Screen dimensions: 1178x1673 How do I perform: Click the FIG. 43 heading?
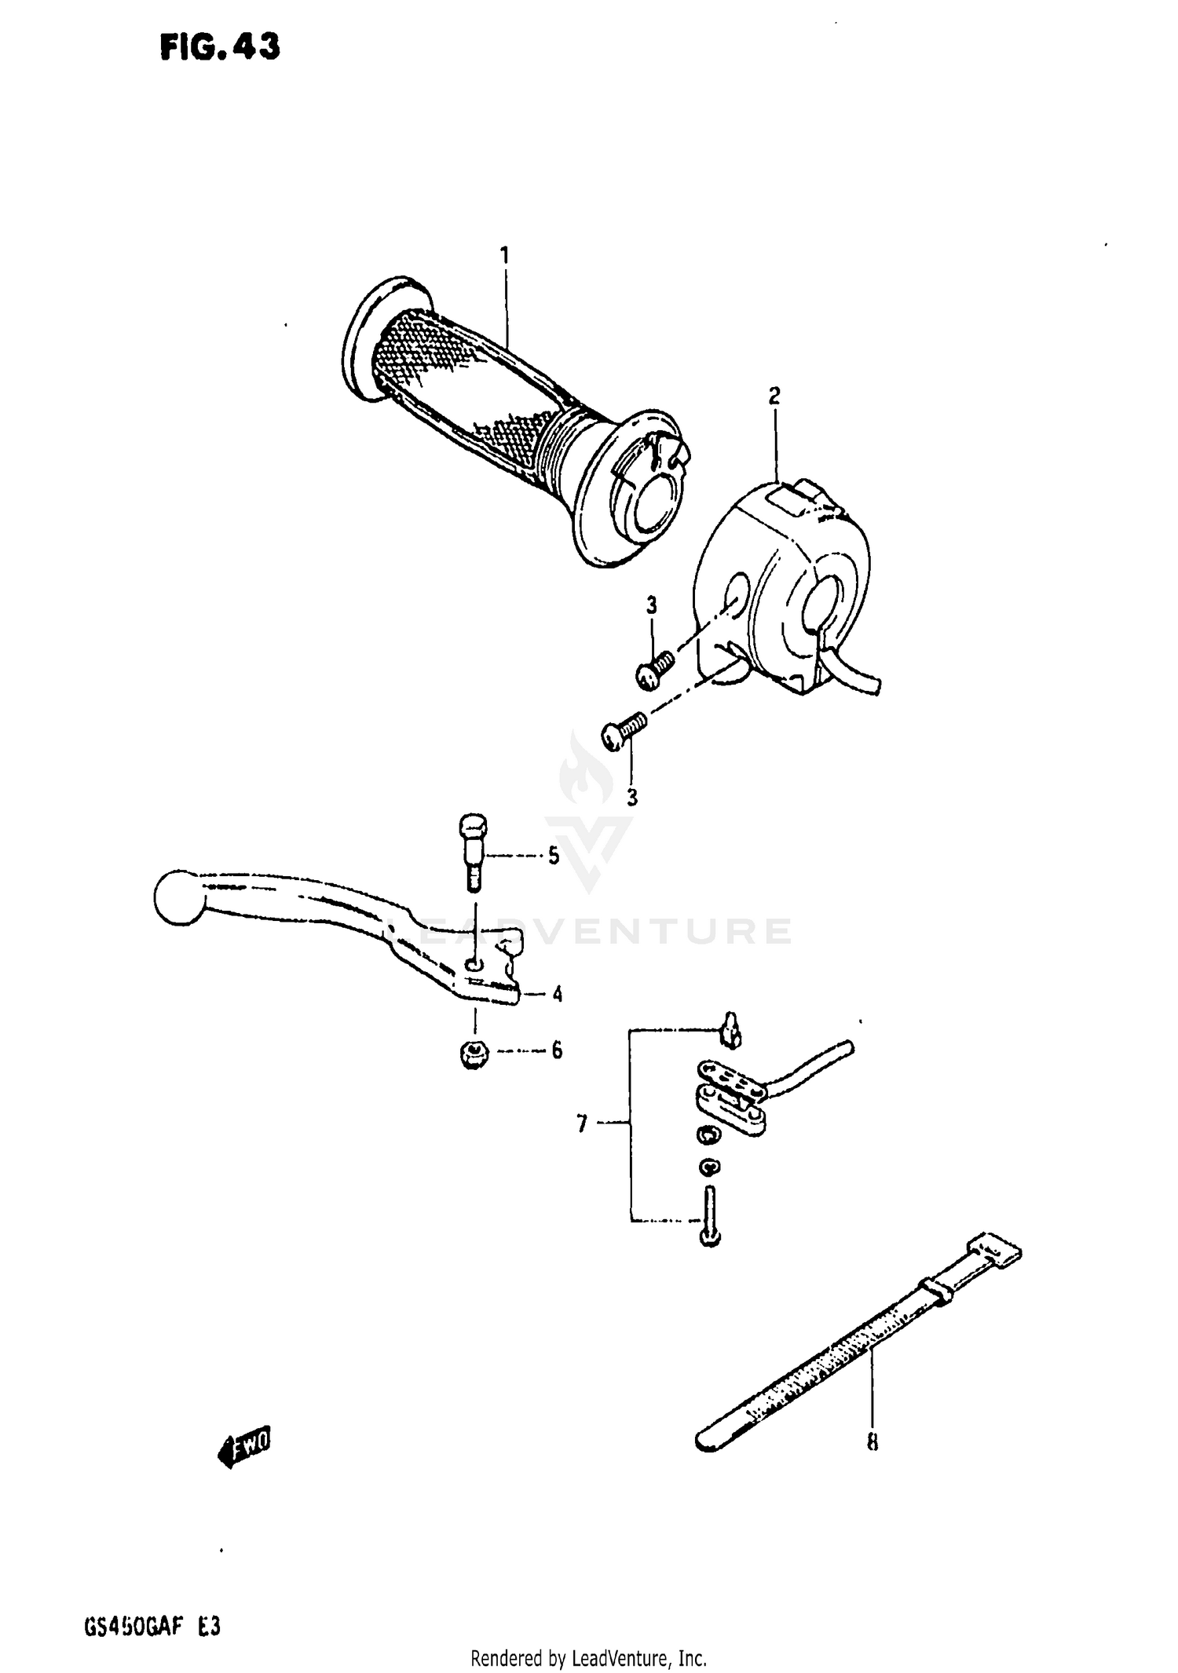(219, 49)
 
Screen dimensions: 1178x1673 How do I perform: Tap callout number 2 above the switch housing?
(774, 396)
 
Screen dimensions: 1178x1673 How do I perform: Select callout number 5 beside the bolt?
(554, 856)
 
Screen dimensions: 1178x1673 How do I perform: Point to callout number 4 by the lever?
(557, 995)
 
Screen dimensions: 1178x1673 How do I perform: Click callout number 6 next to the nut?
(557, 1050)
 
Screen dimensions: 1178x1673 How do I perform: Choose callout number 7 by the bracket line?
(582, 1125)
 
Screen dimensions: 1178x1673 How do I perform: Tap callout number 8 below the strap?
(873, 1442)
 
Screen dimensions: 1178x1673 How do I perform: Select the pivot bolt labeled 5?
(472, 852)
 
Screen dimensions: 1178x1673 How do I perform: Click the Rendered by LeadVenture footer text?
(588, 1658)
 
